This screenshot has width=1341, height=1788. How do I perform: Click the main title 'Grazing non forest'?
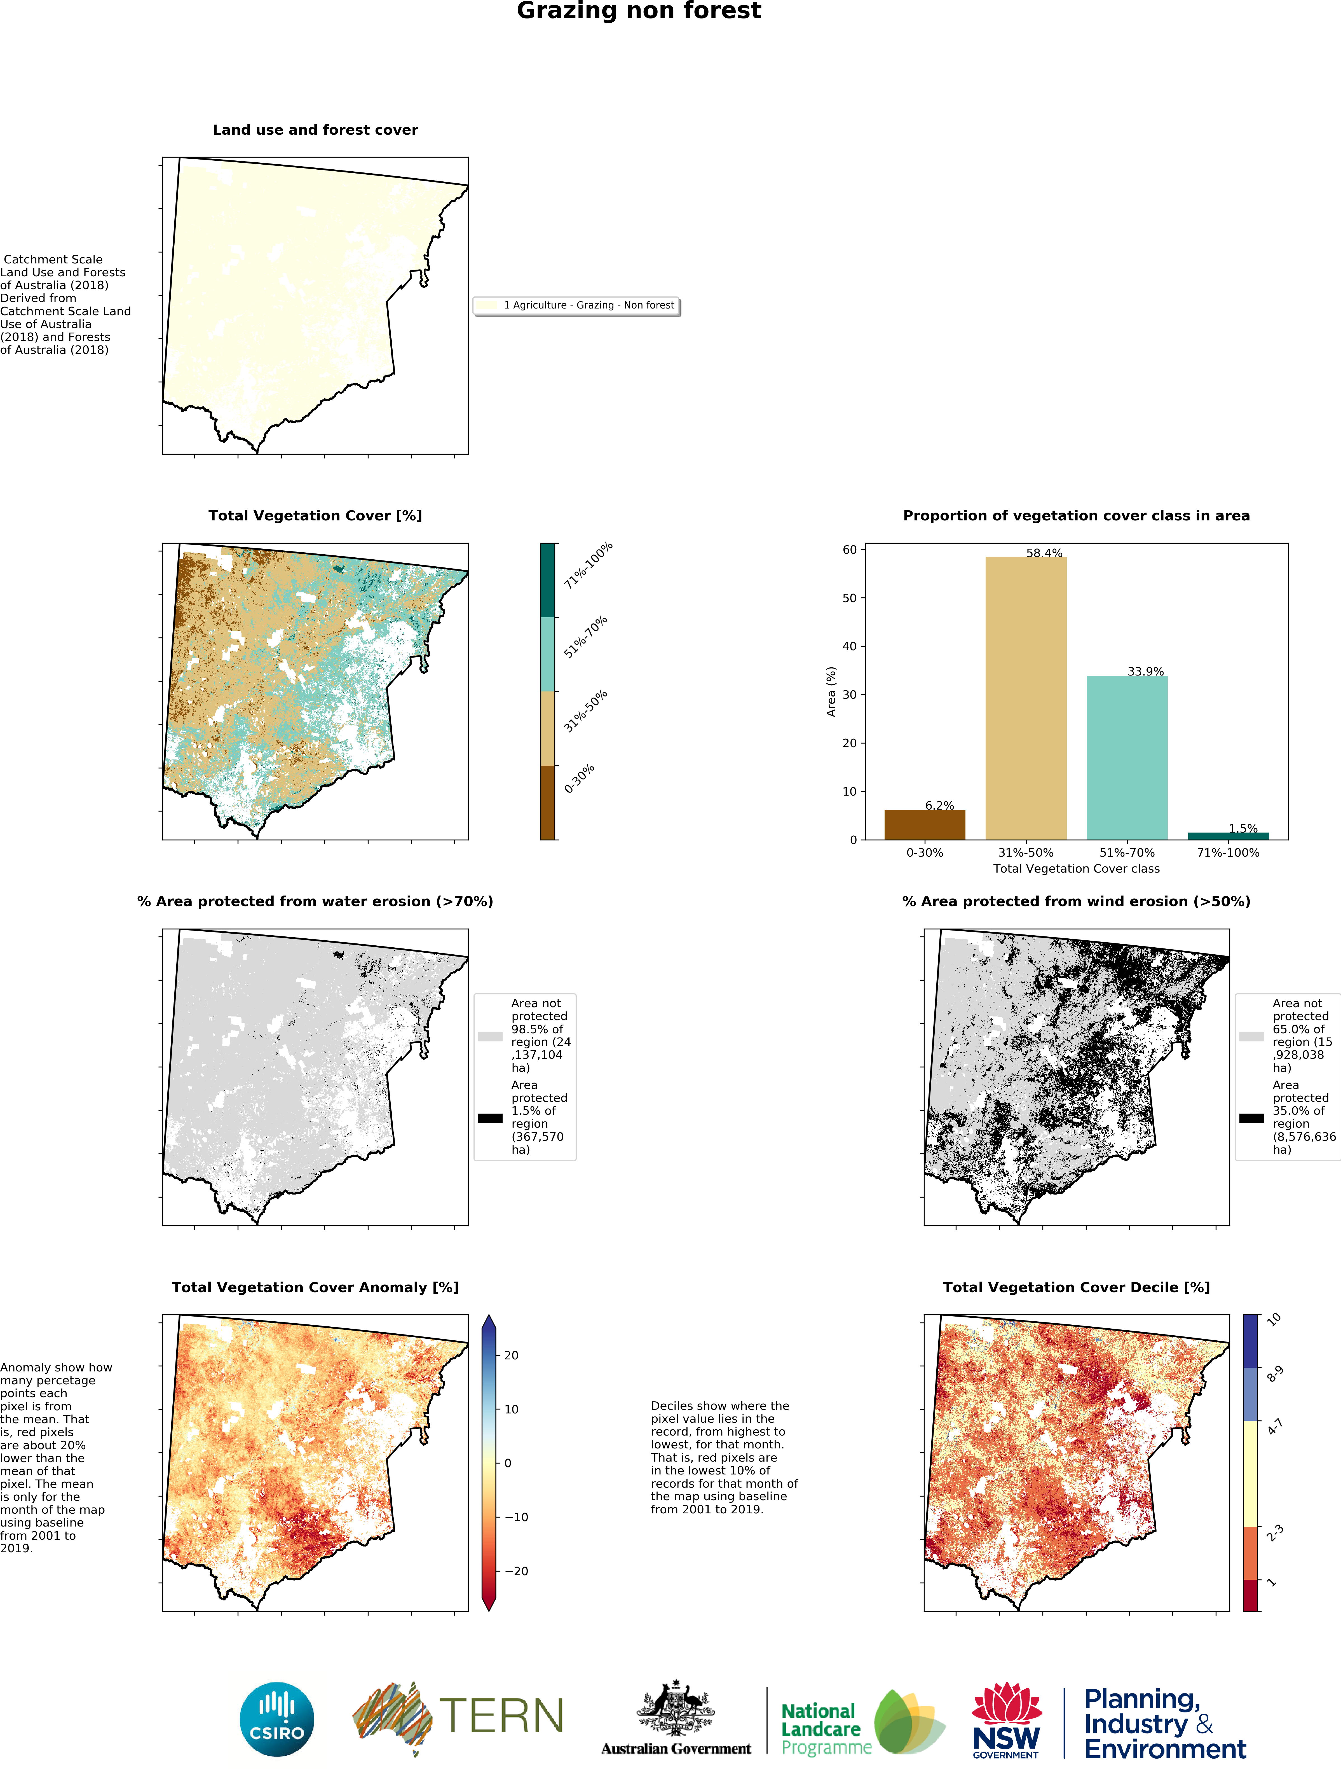(638, 11)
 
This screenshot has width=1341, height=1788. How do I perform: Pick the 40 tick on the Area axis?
(849, 646)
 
